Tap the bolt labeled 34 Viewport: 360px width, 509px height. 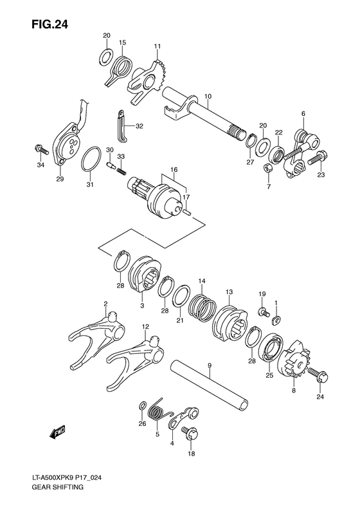click(40, 150)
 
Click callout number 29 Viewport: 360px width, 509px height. click(59, 178)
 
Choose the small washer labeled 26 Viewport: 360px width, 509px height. click(141, 407)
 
